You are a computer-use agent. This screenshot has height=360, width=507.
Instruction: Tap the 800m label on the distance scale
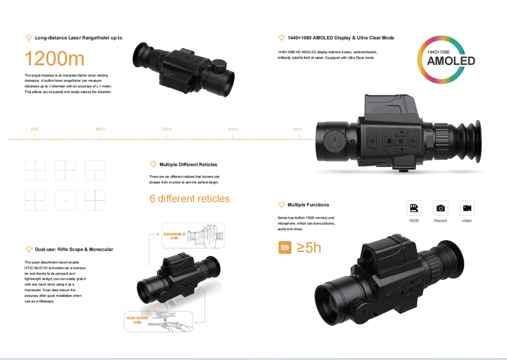(100, 129)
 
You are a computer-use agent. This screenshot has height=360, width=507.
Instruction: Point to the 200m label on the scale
(297, 129)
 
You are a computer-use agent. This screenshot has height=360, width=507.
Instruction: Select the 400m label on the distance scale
(233, 129)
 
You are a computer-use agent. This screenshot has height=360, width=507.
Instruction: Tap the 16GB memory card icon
(414, 208)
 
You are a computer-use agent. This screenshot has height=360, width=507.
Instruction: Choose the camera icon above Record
(440, 208)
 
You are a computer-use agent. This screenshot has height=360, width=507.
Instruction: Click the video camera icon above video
(467, 208)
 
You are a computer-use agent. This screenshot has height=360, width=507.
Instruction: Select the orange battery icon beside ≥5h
(285, 247)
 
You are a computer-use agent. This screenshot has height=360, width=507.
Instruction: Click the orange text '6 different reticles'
(190, 199)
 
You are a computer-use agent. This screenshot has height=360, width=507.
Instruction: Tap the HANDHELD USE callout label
(171, 236)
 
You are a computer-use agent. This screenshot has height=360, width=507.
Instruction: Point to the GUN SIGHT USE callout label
(137, 320)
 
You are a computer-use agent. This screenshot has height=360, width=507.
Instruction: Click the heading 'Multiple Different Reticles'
(188, 165)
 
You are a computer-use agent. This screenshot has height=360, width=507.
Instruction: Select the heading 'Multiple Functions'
(308, 205)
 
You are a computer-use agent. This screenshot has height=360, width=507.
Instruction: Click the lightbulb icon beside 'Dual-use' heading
(29, 249)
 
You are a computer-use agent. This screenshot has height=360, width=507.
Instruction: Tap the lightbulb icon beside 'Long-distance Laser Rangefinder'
(29, 38)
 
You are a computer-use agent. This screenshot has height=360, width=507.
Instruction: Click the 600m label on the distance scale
(167, 129)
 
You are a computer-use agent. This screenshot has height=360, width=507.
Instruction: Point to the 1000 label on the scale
(34, 129)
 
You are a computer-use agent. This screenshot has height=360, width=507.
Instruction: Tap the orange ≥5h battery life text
(309, 247)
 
